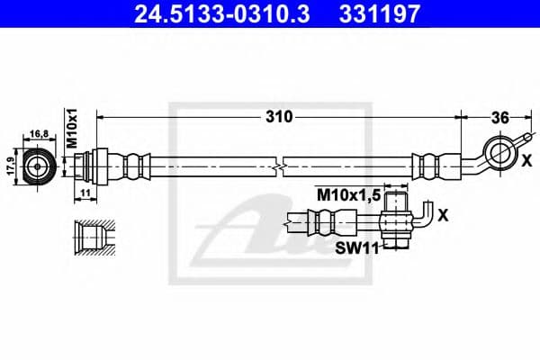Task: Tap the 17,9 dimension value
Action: point(9,166)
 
